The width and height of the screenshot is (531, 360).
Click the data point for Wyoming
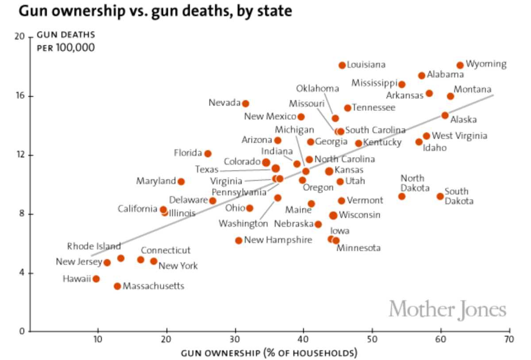coord(460,65)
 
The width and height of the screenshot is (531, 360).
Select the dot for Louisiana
coord(342,65)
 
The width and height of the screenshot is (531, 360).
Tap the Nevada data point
coord(246,103)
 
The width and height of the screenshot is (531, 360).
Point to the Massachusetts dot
coord(117,286)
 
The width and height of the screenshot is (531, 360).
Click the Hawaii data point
coord(96,279)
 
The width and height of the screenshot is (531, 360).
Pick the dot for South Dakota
coord(440,196)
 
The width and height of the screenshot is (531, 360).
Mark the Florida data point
coord(208,153)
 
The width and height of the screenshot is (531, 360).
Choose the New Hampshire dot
coord(239,240)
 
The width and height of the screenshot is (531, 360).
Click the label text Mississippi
coord(374,83)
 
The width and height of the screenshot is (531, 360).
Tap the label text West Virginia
coord(459,136)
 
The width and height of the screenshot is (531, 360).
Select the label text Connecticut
coord(166,250)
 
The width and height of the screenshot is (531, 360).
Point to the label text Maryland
coord(156,181)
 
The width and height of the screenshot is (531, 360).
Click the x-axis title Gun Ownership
coord(269,353)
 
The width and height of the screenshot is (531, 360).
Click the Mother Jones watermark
coord(447,309)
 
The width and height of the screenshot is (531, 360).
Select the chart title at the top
coord(155,11)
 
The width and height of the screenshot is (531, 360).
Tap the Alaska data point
coord(445,115)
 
